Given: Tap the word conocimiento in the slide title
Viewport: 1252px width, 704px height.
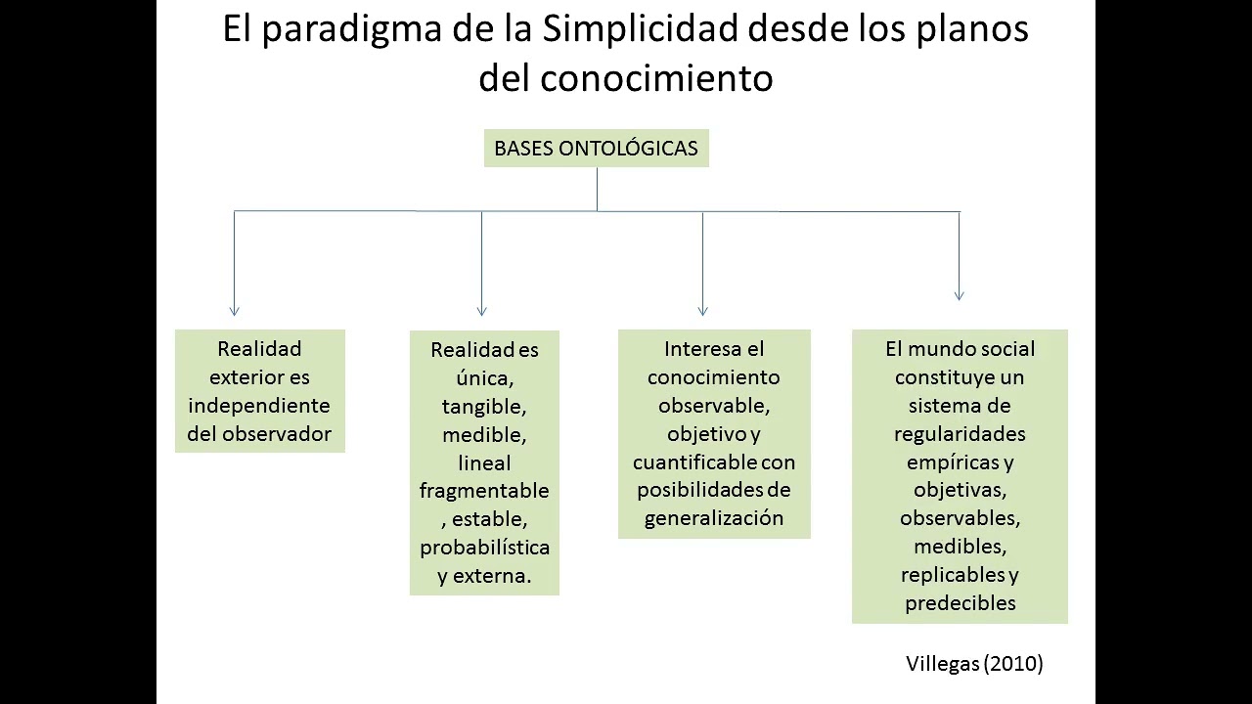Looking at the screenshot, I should (656, 78).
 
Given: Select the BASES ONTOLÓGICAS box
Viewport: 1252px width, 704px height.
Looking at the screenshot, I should (596, 149).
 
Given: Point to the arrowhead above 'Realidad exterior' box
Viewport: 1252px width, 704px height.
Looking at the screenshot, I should (235, 310).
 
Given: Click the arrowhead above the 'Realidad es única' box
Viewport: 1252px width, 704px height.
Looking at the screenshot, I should (481, 310).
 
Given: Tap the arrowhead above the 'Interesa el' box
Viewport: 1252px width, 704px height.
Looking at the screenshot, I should (702, 310).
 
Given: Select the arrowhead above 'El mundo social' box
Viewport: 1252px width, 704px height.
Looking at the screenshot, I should (959, 294).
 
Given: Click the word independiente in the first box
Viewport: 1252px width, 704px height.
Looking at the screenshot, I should (259, 406).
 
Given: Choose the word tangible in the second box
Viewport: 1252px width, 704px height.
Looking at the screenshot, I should (483, 406).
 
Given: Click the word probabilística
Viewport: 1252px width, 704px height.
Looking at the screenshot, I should (484, 548).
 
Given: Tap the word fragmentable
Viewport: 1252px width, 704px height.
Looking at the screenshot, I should (484, 491).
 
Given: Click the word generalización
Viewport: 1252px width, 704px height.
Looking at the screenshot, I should (714, 518).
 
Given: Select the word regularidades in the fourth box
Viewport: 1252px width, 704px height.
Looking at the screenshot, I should (960, 433).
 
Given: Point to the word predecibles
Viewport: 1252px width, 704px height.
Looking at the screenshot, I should (960, 603).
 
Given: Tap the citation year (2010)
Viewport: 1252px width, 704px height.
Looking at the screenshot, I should (1013, 664).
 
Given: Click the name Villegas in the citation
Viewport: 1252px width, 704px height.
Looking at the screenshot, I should (942, 664).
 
